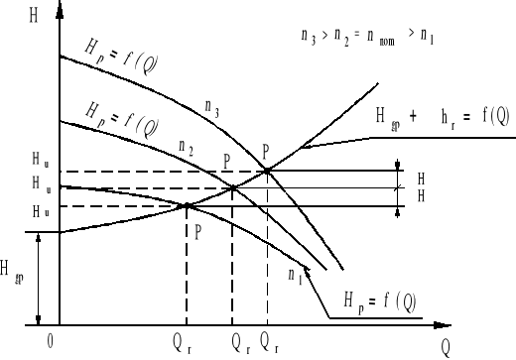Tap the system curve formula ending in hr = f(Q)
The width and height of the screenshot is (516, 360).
[x=443, y=117]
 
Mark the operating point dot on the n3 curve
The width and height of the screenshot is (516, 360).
[x=267, y=172]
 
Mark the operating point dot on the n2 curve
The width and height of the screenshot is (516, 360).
[x=232, y=187]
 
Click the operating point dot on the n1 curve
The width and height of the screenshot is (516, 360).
[x=188, y=206]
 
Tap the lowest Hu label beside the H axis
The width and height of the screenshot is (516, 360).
[x=39, y=211]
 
